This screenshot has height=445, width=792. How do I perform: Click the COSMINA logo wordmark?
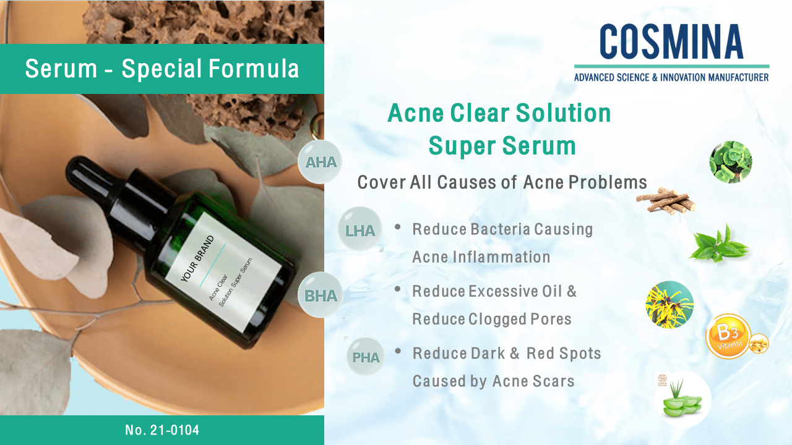tap(671, 41)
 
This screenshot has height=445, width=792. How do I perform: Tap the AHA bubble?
tap(320, 162)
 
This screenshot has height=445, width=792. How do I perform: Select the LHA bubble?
tap(360, 229)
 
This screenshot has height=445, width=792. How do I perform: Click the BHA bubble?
tap(320, 295)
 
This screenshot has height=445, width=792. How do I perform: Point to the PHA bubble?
tap(366, 357)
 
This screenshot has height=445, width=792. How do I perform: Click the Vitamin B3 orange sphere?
tap(728, 336)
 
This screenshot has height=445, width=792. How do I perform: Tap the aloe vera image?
tap(682, 399)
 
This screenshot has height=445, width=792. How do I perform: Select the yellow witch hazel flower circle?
tap(669, 305)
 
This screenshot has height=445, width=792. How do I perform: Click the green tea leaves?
tap(718, 244)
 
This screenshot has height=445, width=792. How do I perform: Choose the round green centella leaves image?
tap(731, 162)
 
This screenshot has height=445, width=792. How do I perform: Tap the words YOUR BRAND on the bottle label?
tap(197, 258)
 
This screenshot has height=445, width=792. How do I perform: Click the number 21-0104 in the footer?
tap(174, 430)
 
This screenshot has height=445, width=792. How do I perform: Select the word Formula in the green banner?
tap(254, 68)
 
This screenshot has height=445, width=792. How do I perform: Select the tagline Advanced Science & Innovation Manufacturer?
tap(671, 77)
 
